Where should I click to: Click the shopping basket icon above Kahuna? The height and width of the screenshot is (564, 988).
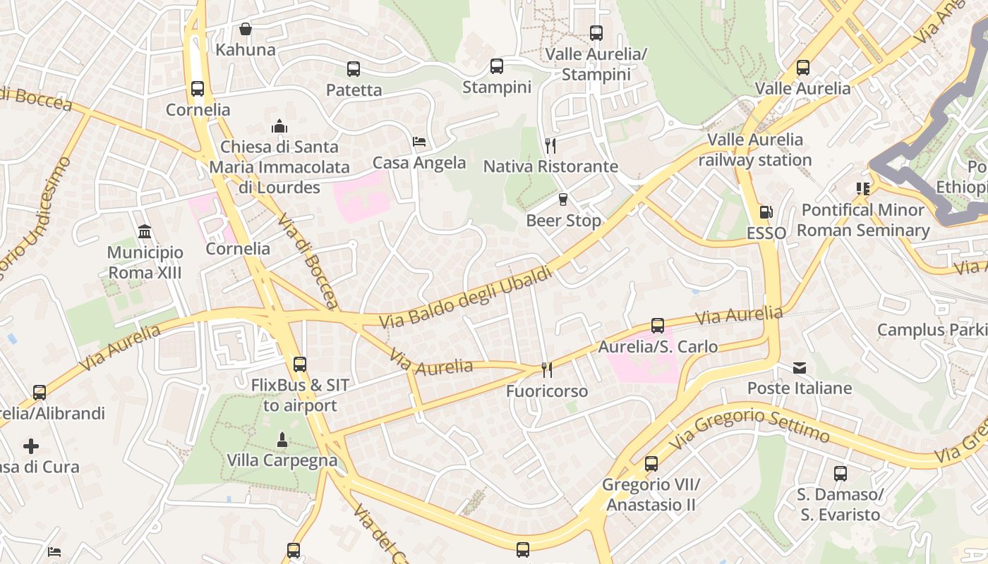pyautogui.click(x=245, y=29)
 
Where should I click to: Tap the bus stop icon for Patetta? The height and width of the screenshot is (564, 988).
pyautogui.click(x=354, y=69)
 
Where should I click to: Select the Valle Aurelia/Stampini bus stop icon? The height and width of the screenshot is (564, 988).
pyautogui.click(x=596, y=32)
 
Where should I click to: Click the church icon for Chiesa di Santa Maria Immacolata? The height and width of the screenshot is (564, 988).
pyautogui.click(x=279, y=126)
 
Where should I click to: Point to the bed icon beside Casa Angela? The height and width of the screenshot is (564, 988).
pyautogui.click(x=419, y=142)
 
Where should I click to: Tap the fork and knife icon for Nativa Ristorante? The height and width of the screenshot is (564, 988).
pyautogui.click(x=550, y=146)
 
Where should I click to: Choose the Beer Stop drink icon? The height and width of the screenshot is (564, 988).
pyautogui.click(x=563, y=200)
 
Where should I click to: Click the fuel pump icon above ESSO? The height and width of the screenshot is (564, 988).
pyautogui.click(x=766, y=211)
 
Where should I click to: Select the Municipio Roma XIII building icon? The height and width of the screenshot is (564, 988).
pyautogui.click(x=145, y=231)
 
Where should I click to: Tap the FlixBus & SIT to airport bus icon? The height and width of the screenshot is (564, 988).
pyautogui.click(x=300, y=364)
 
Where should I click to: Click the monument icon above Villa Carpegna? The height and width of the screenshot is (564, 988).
pyautogui.click(x=282, y=440)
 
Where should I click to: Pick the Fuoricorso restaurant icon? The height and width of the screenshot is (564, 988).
pyautogui.click(x=546, y=369)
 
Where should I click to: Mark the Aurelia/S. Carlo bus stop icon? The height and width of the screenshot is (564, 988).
pyautogui.click(x=658, y=326)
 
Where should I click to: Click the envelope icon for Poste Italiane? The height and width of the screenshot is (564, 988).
pyautogui.click(x=800, y=367)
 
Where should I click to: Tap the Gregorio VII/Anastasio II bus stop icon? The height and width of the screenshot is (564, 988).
pyautogui.click(x=651, y=464)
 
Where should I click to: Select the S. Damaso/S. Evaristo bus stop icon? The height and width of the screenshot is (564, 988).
pyautogui.click(x=840, y=474)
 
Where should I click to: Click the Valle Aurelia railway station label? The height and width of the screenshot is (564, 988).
pyautogui.click(x=755, y=149)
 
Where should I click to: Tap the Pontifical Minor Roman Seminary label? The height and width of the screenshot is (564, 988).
pyautogui.click(x=863, y=220)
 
